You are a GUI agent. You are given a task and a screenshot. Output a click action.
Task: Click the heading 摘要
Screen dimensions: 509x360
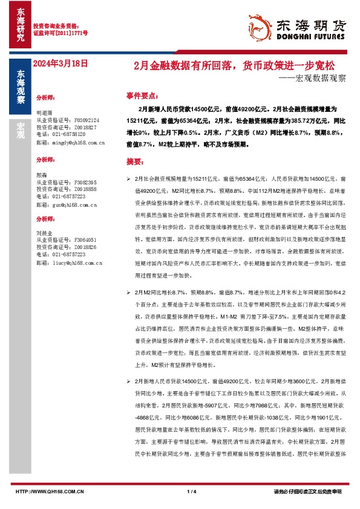[x=134, y=163]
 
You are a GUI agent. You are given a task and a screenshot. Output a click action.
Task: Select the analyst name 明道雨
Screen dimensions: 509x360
[x=45, y=113]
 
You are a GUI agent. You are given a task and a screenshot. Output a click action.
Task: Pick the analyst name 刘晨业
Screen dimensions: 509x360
[x=45, y=232]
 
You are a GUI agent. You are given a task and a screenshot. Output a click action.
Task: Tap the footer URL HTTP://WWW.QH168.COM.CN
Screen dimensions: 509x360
[x=50, y=492]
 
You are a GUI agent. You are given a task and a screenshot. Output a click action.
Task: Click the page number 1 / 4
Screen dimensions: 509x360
[x=193, y=492]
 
